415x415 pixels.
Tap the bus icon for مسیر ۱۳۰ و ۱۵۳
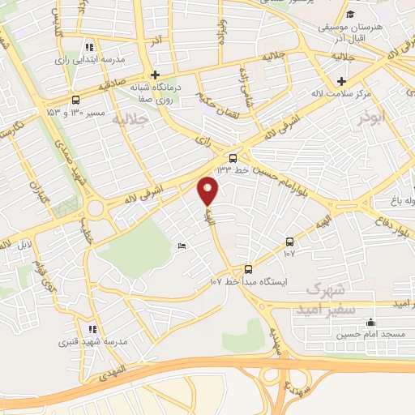pyautogui.click(x=75, y=101)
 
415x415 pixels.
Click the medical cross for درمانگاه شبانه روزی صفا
pyautogui.click(x=156, y=75)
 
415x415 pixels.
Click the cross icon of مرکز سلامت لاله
pyautogui.click(x=342, y=81)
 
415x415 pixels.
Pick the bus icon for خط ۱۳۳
pyautogui.click(x=233, y=158)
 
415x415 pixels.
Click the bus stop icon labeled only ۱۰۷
pyautogui.click(x=289, y=242)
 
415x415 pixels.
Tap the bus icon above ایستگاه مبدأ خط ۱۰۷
pyautogui.click(x=248, y=269)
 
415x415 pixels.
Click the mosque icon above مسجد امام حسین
pyautogui.click(x=370, y=322)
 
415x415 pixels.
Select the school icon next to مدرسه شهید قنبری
pyautogui.click(x=92, y=330)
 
